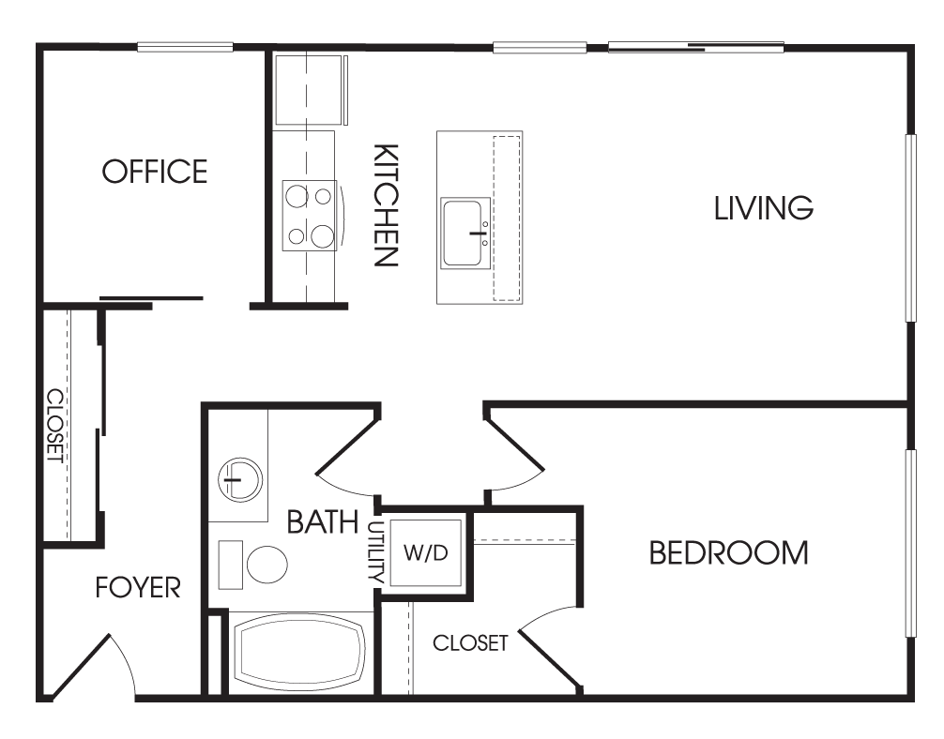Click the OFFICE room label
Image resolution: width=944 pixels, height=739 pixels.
(x=155, y=172)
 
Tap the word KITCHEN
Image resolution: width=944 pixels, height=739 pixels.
(x=386, y=204)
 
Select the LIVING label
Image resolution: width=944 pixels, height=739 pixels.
(x=764, y=208)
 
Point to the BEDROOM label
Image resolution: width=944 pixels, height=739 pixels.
(x=728, y=553)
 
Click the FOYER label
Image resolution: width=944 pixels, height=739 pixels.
(x=138, y=587)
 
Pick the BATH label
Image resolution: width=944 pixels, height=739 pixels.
(x=323, y=521)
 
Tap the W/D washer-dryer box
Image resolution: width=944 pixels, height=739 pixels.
(x=426, y=551)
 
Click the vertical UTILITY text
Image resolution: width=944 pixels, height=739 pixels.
(x=375, y=551)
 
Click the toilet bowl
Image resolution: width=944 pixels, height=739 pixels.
(x=267, y=564)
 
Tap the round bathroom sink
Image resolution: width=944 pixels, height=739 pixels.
(x=240, y=479)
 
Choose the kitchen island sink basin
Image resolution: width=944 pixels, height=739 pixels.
(x=463, y=234)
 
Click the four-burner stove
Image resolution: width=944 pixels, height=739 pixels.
(x=310, y=216)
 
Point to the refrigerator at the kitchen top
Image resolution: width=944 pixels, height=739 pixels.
(x=312, y=90)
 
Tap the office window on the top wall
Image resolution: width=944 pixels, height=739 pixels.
(x=185, y=47)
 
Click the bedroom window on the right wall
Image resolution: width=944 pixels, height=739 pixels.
(x=911, y=543)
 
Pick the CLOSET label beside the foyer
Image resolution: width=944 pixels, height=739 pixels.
(x=55, y=426)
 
